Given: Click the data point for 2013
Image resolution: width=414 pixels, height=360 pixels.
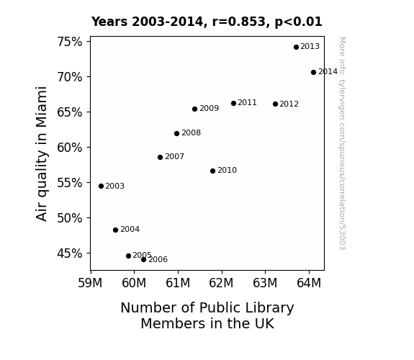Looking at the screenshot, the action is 296,47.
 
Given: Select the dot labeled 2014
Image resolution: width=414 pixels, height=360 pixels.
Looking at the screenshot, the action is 313,73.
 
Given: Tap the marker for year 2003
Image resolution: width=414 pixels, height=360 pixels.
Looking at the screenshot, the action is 101,186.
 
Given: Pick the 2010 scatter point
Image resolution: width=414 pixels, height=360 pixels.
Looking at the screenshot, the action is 213,171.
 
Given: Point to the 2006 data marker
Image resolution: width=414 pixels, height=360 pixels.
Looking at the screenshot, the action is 143,260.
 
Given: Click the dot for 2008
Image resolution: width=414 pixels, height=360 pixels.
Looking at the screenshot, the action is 177,134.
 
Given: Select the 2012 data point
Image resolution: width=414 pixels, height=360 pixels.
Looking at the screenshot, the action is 275,104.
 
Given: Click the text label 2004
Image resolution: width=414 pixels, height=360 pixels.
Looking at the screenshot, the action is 130,229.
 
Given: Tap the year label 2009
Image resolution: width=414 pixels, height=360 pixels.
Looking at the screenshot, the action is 209,108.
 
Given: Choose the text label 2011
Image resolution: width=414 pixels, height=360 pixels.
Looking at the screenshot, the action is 247,102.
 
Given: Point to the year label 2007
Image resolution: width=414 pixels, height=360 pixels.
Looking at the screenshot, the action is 174,157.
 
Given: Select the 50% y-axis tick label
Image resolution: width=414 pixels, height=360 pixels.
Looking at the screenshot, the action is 70,218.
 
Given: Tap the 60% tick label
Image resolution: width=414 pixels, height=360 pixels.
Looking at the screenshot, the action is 70,148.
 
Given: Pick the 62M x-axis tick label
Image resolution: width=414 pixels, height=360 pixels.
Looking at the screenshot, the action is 221,283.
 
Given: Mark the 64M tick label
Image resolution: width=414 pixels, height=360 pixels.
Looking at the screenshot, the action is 309,283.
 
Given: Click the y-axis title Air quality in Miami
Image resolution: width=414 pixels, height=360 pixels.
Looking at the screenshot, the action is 42,153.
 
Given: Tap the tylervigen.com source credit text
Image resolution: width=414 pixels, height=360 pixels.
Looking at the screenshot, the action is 342,143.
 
